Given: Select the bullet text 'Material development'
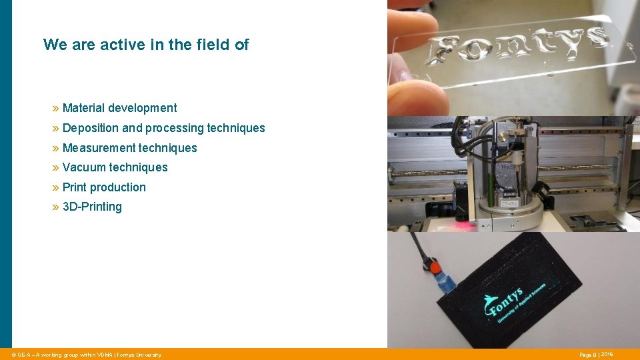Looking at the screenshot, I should click(x=119, y=108).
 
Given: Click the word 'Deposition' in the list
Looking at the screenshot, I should click(x=91, y=128).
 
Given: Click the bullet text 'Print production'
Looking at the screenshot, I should click(x=104, y=187).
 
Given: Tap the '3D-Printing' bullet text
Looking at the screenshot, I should click(x=92, y=207).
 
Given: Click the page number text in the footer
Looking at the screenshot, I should click(x=596, y=355).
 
